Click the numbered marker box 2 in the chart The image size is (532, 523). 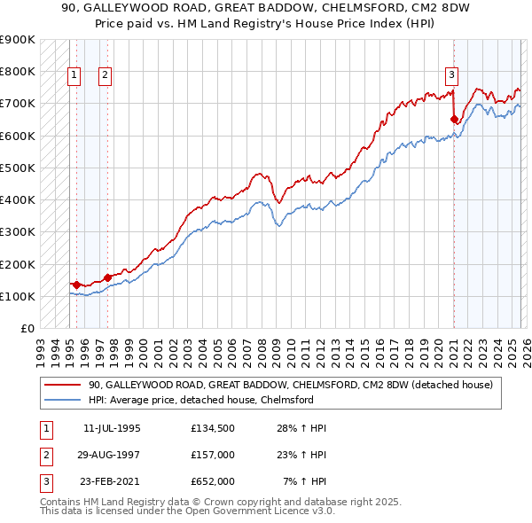tap(105, 75)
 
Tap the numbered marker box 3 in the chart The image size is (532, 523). tap(451, 75)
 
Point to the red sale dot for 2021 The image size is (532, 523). tap(454, 119)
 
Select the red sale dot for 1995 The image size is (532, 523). tap(76, 285)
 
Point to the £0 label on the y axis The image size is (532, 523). tap(27, 328)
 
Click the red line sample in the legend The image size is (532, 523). tap(61, 385)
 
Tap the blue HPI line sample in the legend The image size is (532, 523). tap(61, 400)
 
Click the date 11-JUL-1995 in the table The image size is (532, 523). tap(112, 428)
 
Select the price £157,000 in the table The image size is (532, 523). tap(212, 455)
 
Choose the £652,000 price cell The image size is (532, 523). tap(212, 481)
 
